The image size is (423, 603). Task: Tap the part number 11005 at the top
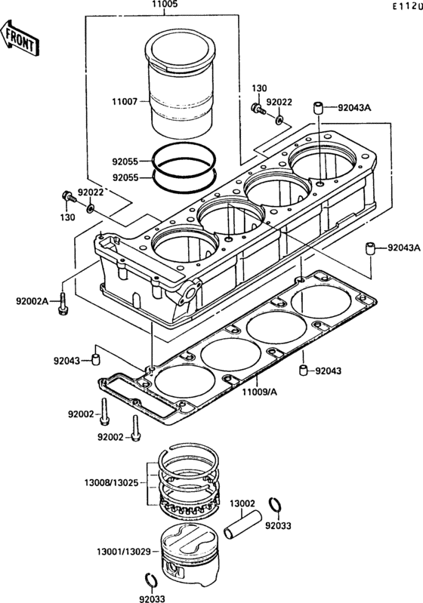165,5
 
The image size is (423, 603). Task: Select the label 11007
125,102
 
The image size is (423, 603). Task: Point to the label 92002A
32,300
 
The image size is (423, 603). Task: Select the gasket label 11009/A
259,392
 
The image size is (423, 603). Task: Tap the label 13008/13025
111,482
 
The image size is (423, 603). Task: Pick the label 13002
242,503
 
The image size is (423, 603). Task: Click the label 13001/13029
124,552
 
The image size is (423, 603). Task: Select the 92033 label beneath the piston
152,598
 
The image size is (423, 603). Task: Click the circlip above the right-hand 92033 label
275,504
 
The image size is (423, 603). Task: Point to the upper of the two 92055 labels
125,162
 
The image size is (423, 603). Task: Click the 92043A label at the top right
354,108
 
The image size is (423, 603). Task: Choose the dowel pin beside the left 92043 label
95,358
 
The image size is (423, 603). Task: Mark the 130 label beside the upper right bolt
259,88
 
